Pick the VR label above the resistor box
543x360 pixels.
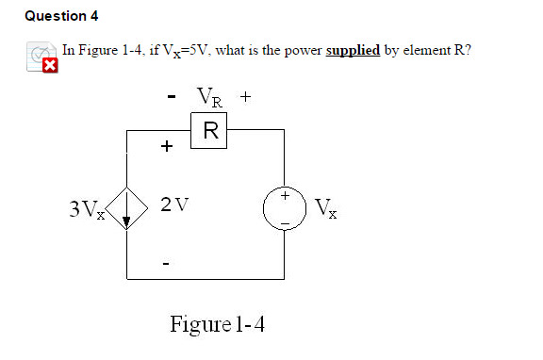click(x=210, y=97)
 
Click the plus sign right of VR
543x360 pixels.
click(x=245, y=96)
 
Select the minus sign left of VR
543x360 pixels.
click(x=171, y=97)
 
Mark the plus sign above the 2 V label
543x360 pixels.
click(x=167, y=147)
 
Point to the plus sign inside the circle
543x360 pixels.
click(x=285, y=196)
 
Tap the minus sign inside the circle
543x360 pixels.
click(x=285, y=220)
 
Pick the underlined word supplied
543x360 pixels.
click(x=353, y=50)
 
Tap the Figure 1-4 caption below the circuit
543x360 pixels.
click(x=218, y=325)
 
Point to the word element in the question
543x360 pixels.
click(x=419, y=50)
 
